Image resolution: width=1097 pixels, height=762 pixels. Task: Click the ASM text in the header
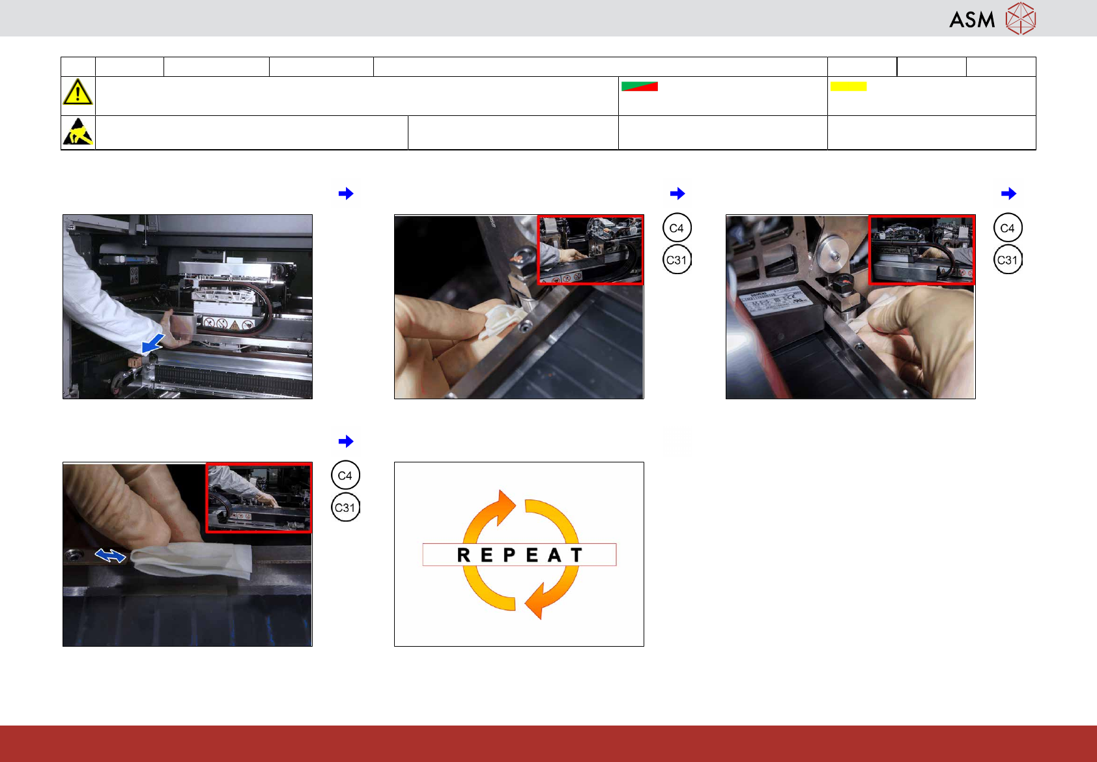[x=972, y=20]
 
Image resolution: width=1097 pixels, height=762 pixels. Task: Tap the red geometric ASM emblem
[x=1021, y=19]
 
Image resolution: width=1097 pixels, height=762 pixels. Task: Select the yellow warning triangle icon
[x=78, y=92]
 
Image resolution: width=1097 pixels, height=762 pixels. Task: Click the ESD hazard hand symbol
[x=78, y=132]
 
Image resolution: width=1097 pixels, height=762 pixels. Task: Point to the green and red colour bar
[x=640, y=86]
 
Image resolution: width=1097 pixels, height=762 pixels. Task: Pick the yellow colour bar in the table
[x=848, y=86]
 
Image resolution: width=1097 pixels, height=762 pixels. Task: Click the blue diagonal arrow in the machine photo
[x=153, y=343]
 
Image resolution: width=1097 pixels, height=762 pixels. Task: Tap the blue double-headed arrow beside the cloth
[x=110, y=556]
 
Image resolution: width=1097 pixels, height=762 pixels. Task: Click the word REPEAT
[x=520, y=555]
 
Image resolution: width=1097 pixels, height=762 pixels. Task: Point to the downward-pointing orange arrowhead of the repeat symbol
[x=537, y=602]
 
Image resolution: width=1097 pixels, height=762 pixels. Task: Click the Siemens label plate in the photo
[x=774, y=303]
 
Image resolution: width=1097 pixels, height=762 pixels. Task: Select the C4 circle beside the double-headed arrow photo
[x=345, y=475]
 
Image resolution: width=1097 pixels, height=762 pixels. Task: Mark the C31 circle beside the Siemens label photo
[x=1008, y=260]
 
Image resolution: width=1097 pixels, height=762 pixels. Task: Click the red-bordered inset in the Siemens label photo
[x=922, y=249]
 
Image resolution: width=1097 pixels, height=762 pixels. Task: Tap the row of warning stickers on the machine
[x=228, y=324]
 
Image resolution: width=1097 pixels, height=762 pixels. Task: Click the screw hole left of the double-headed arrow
[x=74, y=556]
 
